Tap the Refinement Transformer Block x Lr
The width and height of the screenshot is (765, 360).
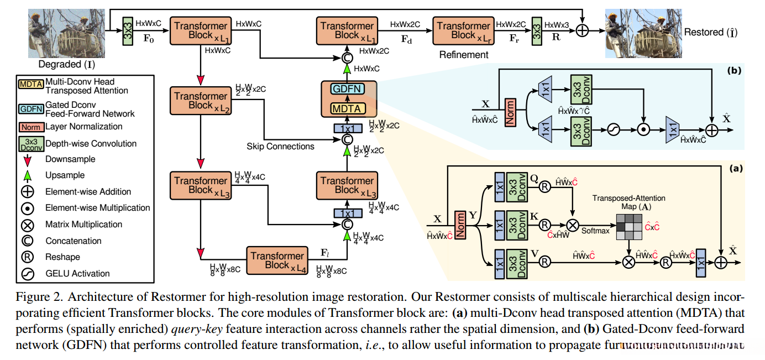pyautogui.click(x=463, y=30)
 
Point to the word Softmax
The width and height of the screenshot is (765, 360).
pyautogui.click(x=595, y=231)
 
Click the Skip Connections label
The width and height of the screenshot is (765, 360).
pyautogui.click(x=281, y=147)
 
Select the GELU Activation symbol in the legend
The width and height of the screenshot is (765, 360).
pyautogui.click(x=27, y=273)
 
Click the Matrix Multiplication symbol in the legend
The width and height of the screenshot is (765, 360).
pyautogui.click(x=27, y=225)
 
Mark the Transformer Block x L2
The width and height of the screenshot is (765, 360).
pyautogui.click(x=201, y=101)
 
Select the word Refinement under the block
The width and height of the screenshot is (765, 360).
pyautogui.click(x=463, y=55)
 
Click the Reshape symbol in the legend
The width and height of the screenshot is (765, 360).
pyautogui.click(x=27, y=257)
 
